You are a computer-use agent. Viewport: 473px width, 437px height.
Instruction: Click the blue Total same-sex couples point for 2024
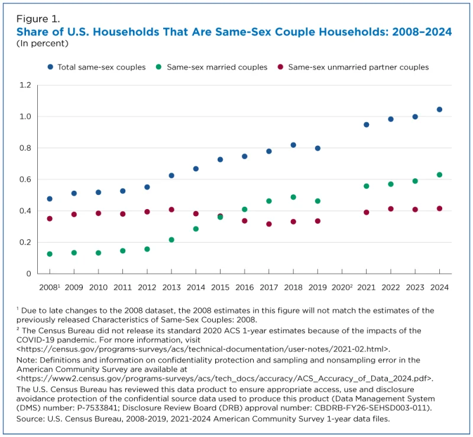[439, 109]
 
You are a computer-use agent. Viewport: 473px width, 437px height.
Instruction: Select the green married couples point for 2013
[171, 240]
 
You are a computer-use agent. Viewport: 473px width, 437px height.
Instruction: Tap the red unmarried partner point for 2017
[269, 224]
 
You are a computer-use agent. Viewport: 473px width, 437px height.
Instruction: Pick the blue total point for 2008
[50, 199]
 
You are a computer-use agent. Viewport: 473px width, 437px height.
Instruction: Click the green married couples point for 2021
[367, 186]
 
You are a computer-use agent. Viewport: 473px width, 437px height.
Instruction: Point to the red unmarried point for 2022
[391, 208]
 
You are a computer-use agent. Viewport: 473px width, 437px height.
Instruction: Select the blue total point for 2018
[293, 145]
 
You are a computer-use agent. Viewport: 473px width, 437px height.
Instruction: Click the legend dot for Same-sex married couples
[159, 67]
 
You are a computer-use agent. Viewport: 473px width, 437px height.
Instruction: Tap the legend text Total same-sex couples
[101, 67]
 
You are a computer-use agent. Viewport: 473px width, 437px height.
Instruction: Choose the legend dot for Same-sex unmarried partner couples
[280, 67]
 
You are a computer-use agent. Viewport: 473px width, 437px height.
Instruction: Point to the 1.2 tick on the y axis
[24, 85]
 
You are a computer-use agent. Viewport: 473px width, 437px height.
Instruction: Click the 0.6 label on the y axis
[24, 180]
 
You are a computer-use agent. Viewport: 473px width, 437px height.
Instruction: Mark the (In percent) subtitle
[42, 43]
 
